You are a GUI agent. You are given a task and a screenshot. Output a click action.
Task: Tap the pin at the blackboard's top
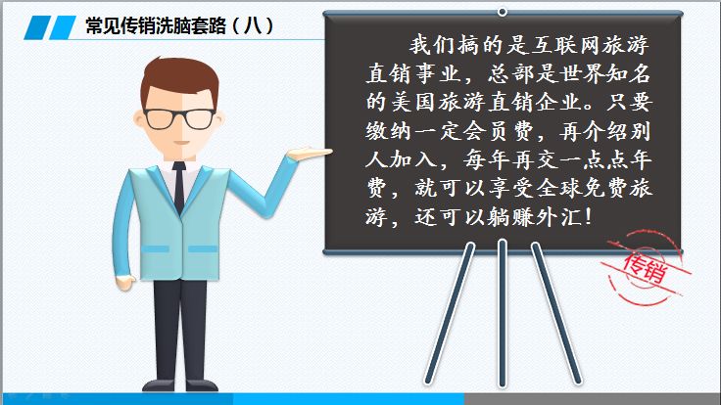pyautogui.click(x=503, y=13)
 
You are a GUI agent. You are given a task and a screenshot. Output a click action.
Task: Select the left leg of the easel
pyautogui.click(x=454, y=313)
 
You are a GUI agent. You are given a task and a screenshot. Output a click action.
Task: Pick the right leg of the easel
pyautogui.click(x=553, y=313)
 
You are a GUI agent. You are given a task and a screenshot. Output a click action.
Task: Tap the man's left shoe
pyautogui.click(x=162, y=385)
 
